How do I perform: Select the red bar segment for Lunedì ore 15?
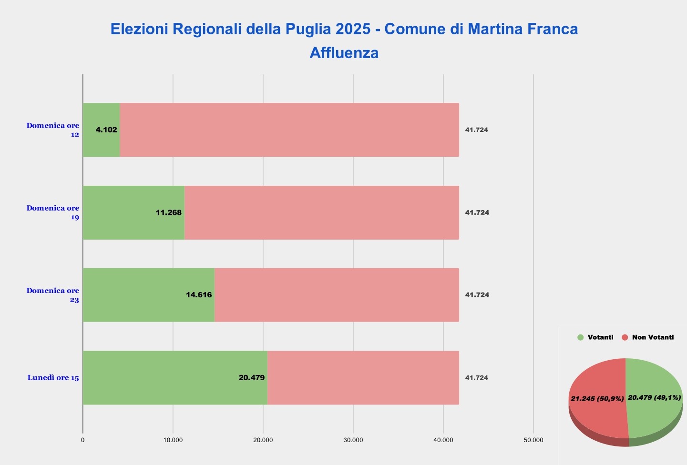pos(363,378)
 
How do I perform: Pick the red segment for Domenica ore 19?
pos(321,212)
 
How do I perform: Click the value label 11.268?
pos(169,212)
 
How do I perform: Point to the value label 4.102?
pos(106,130)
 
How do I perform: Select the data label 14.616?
pos(199,295)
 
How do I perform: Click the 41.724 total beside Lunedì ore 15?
pos(477,378)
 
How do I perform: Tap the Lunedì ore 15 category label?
pos(53,378)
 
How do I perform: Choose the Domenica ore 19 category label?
pos(53,212)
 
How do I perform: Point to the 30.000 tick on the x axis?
pos(353,440)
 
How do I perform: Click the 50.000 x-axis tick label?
pos(533,440)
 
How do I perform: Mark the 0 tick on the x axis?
pos(83,440)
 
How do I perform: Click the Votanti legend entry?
pos(596,337)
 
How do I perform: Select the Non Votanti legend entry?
pos(648,337)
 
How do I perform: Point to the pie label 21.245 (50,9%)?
pos(597,399)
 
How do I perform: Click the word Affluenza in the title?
pos(344,52)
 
